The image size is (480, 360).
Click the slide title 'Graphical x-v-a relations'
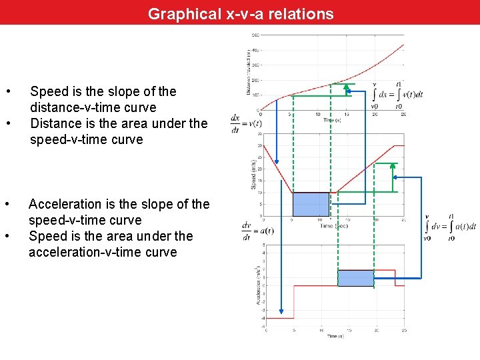(241, 13)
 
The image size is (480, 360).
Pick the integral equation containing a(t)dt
(451, 226)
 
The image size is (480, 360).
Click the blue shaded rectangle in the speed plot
(311, 204)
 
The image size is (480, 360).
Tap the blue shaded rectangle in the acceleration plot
(355, 278)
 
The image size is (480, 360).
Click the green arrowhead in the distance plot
(346, 87)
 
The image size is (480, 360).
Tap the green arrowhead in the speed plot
(393, 167)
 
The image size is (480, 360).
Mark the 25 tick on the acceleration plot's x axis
(404, 330)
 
